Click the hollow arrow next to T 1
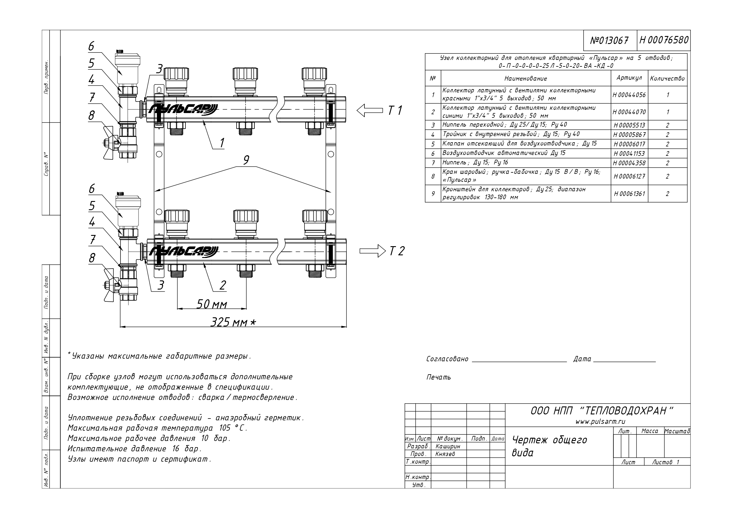coord(369,110)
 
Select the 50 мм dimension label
coord(211,305)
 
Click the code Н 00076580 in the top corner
coord(664,40)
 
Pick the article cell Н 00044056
coord(629,95)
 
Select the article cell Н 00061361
coord(629,194)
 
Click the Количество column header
coord(667,78)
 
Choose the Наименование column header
coord(525,79)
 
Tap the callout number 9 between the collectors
coord(246,160)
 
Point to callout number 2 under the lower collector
coord(222,285)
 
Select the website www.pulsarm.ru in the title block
coord(600,421)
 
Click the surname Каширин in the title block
coord(448,446)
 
